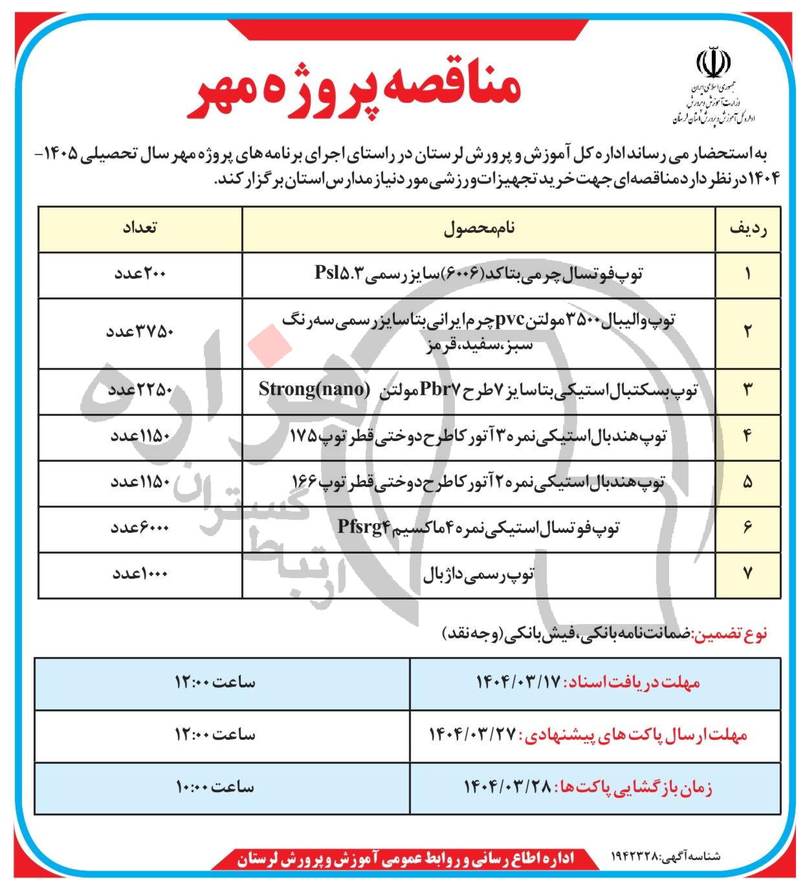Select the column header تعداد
(140, 229)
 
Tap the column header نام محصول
(479, 229)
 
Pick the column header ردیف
(748, 229)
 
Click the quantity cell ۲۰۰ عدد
(140, 274)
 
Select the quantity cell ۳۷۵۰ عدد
(140, 332)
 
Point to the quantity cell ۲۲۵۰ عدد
(140, 390)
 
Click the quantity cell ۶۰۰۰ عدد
(140, 528)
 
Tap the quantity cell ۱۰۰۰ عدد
(140, 574)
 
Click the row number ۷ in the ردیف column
(748, 574)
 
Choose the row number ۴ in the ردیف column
(748, 436)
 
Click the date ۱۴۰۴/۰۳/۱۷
(520, 683)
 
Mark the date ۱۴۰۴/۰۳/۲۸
(507, 788)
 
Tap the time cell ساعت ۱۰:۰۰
(215, 788)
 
